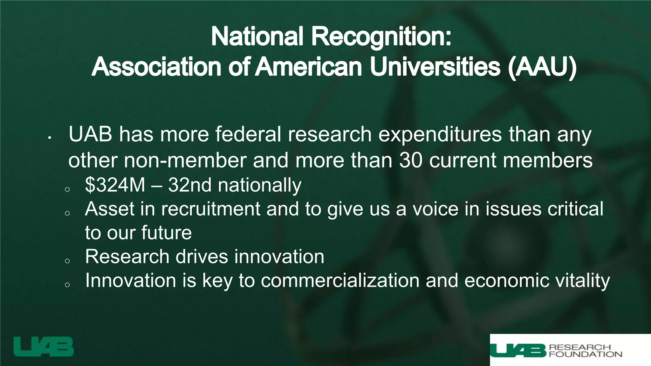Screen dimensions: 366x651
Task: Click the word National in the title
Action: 257,37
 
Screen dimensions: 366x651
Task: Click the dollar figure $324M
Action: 115,185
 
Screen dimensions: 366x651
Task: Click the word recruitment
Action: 211,209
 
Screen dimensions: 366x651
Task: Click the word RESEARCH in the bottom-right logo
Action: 580,347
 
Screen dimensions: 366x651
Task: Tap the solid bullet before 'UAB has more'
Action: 49,138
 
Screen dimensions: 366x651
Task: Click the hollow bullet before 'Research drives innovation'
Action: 67,261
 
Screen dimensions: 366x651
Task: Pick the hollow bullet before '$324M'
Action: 67,189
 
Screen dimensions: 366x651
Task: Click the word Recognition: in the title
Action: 381,37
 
